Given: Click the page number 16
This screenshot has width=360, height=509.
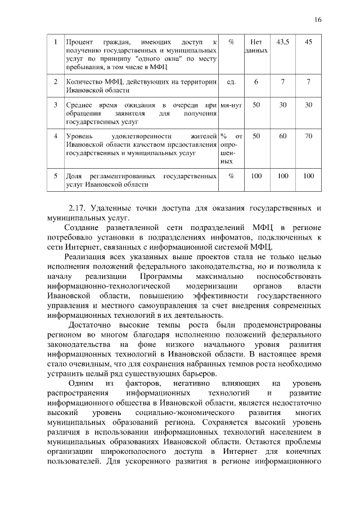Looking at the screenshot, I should pos(318,19).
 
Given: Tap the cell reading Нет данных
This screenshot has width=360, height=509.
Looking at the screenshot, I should pos(256,46).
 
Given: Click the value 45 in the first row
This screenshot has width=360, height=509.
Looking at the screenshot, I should pos(308,42).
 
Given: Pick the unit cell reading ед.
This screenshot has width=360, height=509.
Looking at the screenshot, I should pos(231,82).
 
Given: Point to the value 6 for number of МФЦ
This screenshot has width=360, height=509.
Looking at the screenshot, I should pos(256,82).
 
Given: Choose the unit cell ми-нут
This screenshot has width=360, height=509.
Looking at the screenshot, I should pos(231,105).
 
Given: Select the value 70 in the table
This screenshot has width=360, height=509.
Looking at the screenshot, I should pos(308,136).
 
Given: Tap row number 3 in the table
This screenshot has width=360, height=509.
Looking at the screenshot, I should pos(55,105).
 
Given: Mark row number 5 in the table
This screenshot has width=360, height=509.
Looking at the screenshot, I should pos(55,175).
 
